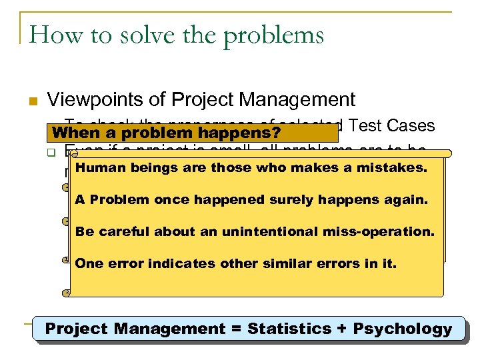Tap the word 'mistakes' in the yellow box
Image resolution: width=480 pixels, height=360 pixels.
coord(391,167)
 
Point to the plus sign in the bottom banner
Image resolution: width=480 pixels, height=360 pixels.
coord(342,329)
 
